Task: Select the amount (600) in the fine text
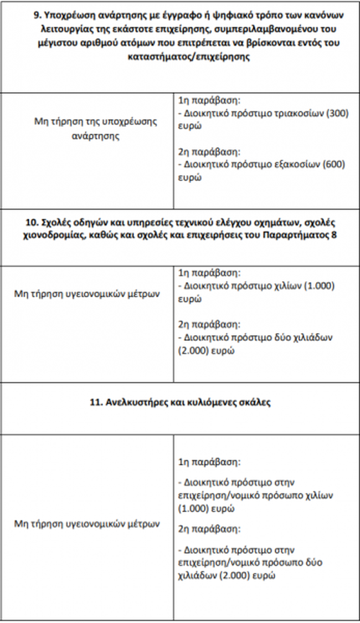[336, 165]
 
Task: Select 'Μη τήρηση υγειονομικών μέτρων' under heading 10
[87, 294]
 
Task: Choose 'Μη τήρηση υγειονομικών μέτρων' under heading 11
[87, 523]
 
